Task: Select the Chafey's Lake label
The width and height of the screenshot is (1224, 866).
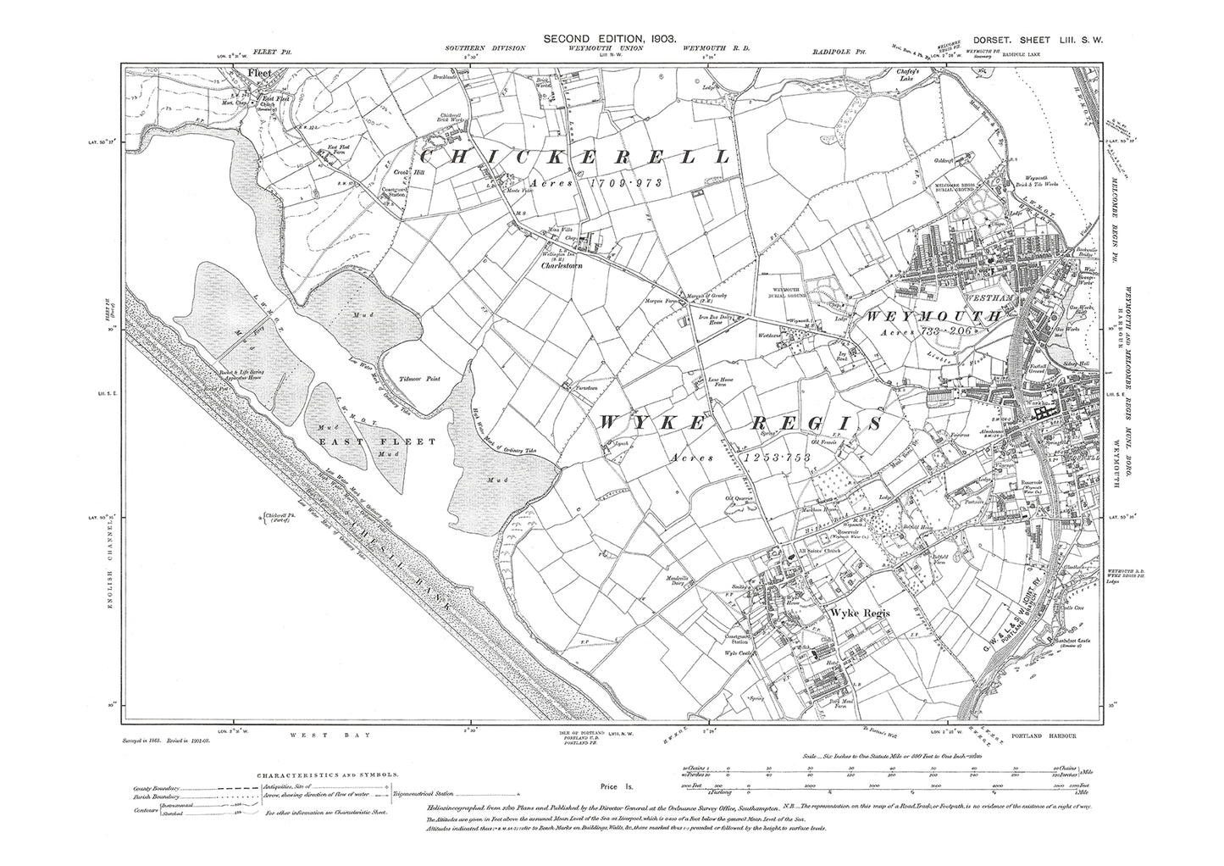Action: coord(930,75)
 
